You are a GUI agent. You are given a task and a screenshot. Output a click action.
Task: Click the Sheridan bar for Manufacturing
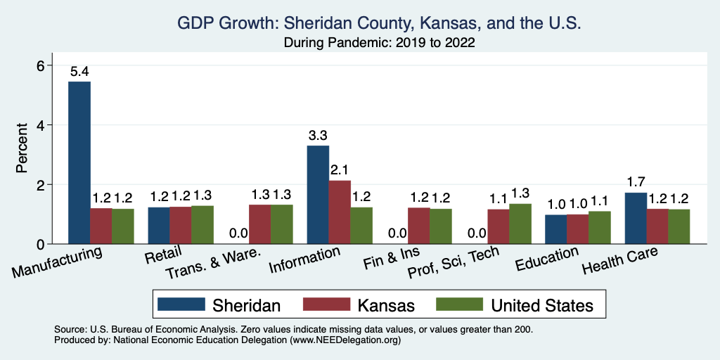pos(79,162)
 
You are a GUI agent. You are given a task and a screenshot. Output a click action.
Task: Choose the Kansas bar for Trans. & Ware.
pos(261,224)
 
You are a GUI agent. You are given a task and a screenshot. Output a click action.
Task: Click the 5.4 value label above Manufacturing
pos(79,72)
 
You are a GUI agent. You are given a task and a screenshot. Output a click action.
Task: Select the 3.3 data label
pos(319,135)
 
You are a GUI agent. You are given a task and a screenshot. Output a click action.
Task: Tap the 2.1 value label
pos(340,170)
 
